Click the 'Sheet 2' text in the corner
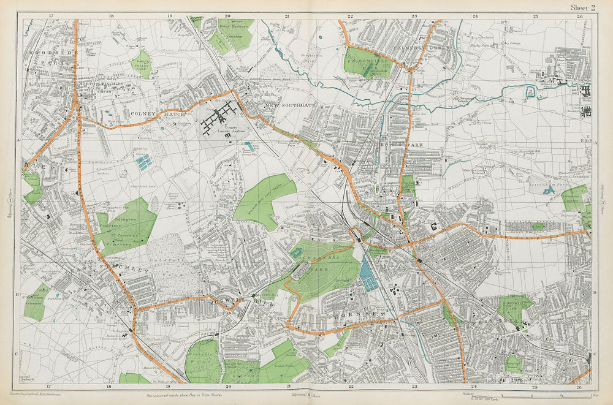tap(583, 7)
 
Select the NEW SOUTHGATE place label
tap(289, 106)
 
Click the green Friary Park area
tap(142, 63)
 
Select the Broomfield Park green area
tap(366, 61)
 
